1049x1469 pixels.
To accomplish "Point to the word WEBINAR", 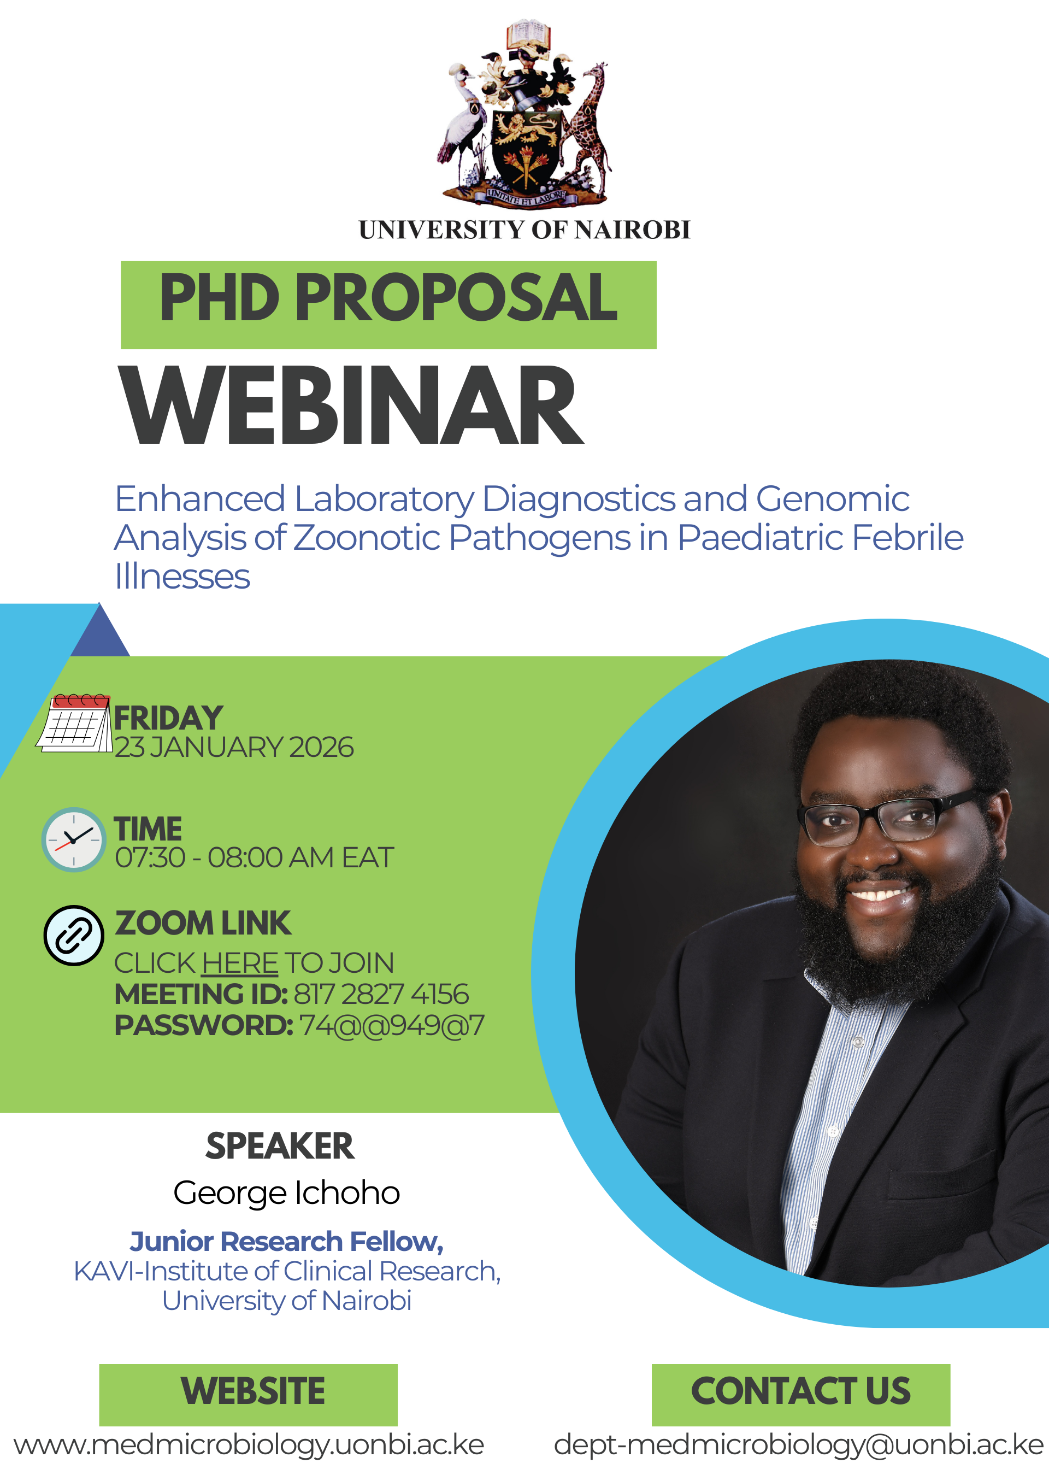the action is [x=351, y=406].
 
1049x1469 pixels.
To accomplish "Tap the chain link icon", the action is [x=74, y=936].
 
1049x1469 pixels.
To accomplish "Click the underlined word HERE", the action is [x=240, y=963].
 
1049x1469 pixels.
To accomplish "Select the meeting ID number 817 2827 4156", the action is [x=381, y=994].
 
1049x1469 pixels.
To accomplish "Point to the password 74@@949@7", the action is [x=391, y=1025].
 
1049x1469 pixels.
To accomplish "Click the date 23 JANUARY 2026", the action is [x=234, y=748].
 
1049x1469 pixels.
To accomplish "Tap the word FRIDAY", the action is [x=169, y=718].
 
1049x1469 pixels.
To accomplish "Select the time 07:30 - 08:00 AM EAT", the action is [x=255, y=858].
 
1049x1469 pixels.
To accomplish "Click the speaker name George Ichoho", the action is [x=287, y=1192].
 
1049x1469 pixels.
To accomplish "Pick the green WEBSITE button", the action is [x=248, y=1395].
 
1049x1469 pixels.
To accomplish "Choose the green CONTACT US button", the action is [x=801, y=1395].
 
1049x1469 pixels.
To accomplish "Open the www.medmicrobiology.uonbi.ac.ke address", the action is [x=249, y=1445].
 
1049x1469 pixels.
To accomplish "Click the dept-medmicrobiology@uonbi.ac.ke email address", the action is [x=799, y=1445].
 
